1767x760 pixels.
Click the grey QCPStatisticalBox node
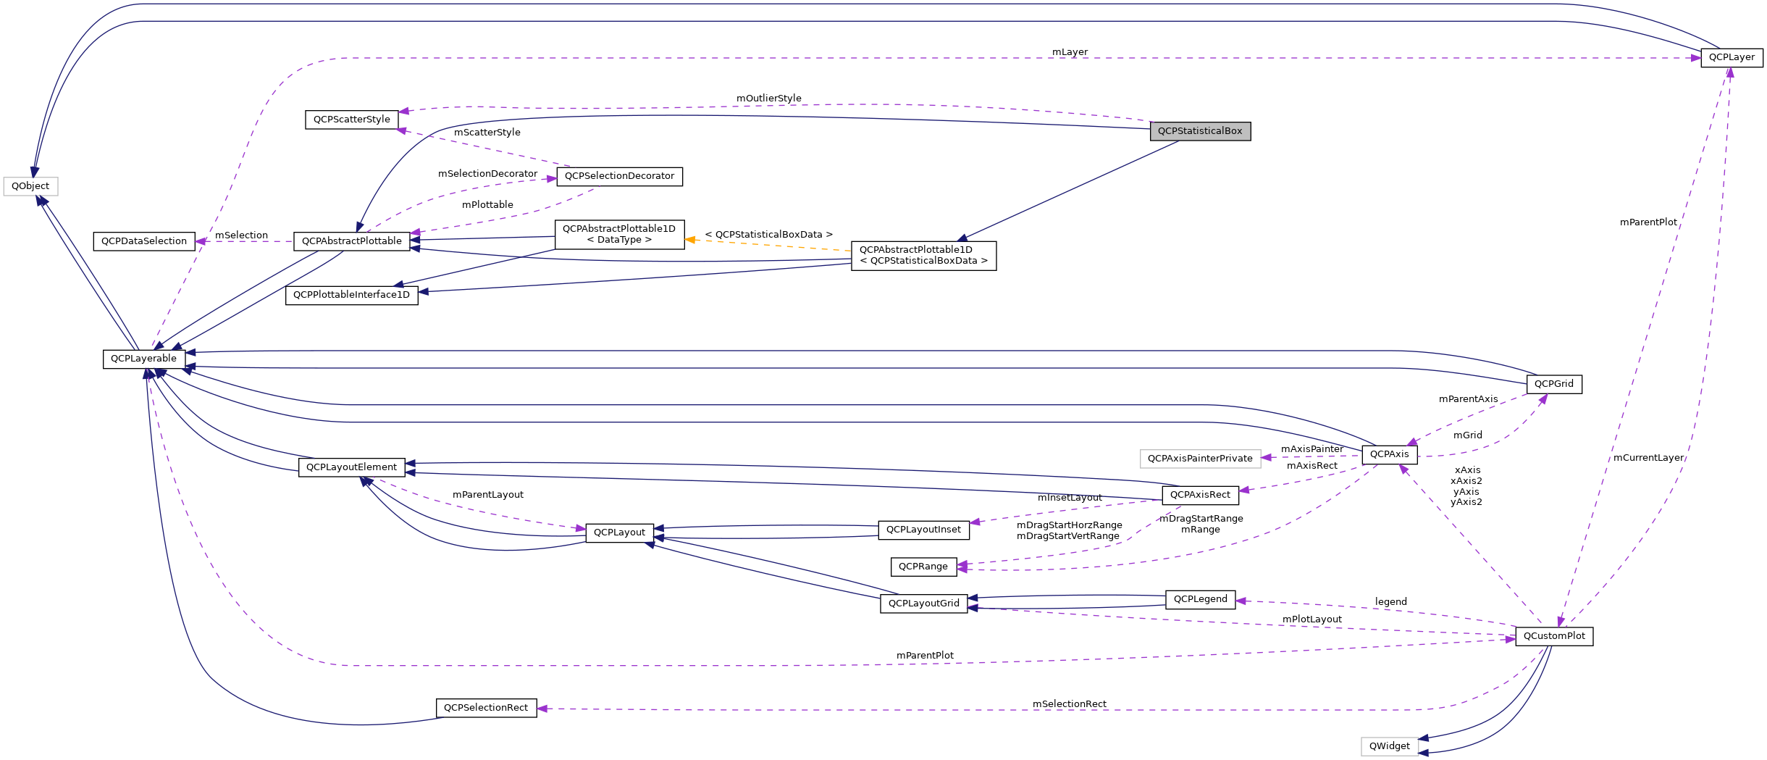click(1200, 131)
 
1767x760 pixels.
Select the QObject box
click(30, 186)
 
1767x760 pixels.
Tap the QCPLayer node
click(1732, 57)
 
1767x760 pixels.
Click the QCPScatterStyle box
click(352, 120)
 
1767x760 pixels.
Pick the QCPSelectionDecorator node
click(619, 176)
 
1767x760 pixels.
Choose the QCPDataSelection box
click(144, 241)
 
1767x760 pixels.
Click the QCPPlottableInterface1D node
click(351, 295)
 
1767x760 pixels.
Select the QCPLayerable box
click(143, 359)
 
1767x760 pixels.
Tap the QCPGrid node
click(1553, 384)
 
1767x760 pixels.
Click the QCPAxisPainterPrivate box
click(1200, 459)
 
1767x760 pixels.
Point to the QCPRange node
click(923, 567)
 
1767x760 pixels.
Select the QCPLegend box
click(1200, 599)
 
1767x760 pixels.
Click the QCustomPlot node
click(1554, 636)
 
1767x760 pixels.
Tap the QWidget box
click(1389, 746)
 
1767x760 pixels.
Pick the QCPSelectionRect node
click(486, 708)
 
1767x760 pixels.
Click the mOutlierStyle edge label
click(768, 98)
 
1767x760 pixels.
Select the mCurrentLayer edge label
click(1648, 458)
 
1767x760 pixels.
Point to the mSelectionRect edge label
click(1069, 703)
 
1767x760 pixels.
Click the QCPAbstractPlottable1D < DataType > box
click(619, 234)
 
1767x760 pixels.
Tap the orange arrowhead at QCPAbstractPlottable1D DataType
click(690, 239)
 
